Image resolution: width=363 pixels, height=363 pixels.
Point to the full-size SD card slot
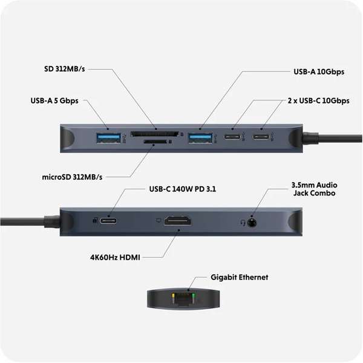pos(155,132)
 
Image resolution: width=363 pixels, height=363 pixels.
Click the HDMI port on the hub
pos(178,223)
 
